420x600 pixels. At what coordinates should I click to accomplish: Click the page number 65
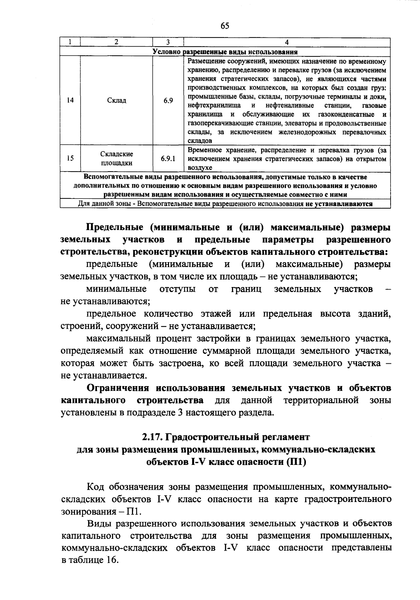coord(225,26)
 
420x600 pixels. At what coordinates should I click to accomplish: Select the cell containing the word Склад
coord(117,100)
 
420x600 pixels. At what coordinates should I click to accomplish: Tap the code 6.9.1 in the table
coord(168,159)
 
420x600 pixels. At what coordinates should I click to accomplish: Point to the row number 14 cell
coord(70,100)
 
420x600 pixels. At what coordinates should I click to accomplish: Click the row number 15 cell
coord(70,159)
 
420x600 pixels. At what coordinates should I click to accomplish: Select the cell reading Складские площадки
coord(117,159)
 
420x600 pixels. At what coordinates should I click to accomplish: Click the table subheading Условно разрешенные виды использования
coord(225,52)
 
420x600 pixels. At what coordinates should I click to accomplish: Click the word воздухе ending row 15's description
coord(200,168)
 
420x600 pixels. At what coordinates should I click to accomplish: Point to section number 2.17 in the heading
coord(152,437)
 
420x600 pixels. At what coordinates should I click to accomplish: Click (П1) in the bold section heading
coord(296,462)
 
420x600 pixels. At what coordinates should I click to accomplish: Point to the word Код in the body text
coord(96,487)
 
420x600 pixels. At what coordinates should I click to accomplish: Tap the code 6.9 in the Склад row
coord(168,100)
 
